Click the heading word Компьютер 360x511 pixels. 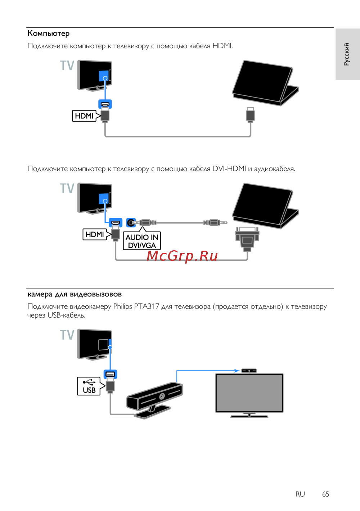click(49, 33)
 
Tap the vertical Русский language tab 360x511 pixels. click(347, 54)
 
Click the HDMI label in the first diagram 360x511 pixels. click(84, 116)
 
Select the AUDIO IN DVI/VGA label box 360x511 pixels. click(142, 241)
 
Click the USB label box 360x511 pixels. click(89, 386)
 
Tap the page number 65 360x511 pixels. click(325, 494)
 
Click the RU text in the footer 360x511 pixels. click(300, 494)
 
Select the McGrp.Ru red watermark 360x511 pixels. click(182, 256)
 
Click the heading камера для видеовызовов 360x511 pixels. click(75, 294)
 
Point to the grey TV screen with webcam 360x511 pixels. click(249, 393)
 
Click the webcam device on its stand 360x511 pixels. click(155, 398)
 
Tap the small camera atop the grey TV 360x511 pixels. click(249, 371)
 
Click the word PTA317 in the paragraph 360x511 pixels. click(147, 306)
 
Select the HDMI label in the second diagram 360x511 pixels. click(95, 234)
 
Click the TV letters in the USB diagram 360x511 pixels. click(67, 335)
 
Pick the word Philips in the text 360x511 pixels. click(122, 306)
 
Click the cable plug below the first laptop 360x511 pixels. click(250, 115)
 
